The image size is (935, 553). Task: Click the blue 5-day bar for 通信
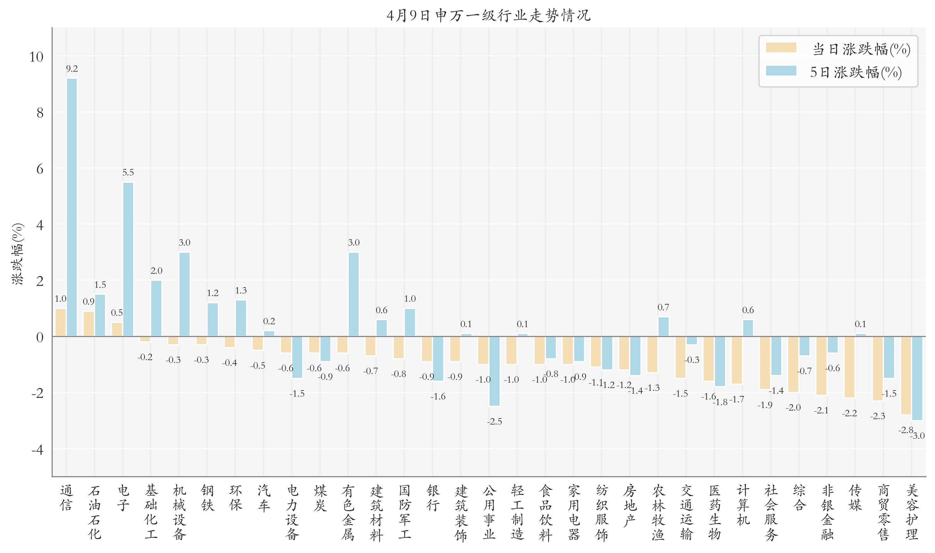point(72,207)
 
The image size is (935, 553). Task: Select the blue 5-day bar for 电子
point(128,259)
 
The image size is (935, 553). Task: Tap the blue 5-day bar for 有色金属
point(354,294)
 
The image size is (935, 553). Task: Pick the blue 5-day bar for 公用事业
point(495,371)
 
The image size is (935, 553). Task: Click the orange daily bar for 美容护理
point(906,375)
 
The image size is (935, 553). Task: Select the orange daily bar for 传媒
point(849,367)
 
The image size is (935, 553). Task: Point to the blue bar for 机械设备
point(184,294)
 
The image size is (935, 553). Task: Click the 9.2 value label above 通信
point(72,69)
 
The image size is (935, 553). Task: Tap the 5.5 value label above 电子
point(128,173)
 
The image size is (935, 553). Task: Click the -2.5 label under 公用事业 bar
point(495,421)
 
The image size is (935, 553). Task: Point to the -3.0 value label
point(918,436)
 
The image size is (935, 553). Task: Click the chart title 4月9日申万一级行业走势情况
point(489,16)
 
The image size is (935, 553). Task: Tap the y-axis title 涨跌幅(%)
point(18,253)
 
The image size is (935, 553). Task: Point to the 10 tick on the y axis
point(36,57)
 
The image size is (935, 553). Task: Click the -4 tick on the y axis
point(37,450)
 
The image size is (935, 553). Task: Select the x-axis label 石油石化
point(94,512)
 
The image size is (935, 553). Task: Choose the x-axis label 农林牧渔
point(658,512)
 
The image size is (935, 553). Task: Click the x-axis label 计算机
point(743,505)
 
